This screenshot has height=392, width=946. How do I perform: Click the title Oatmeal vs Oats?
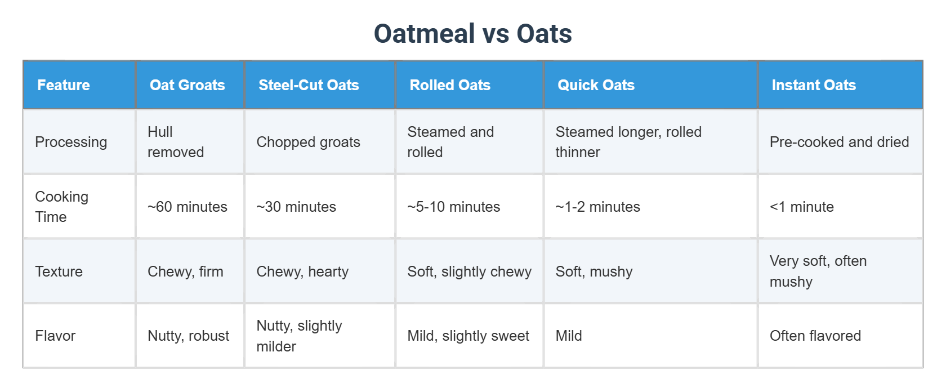tap(472, 34)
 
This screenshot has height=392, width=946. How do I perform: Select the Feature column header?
tap(64, 85)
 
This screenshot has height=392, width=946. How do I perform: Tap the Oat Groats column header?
tap(187, 85)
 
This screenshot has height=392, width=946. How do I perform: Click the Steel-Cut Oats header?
tap(309, 85)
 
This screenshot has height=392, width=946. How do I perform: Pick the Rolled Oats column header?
tap(450, 85)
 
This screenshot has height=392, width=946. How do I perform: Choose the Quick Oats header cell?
tap(596, 85)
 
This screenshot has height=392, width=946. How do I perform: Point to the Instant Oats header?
tap(813, 85)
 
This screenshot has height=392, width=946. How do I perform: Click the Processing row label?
tap(71, 142)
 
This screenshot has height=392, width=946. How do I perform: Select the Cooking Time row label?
tap(61, 207)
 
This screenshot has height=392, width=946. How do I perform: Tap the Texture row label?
tap(59, 271)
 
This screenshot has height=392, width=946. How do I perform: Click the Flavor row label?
tap(55, 336)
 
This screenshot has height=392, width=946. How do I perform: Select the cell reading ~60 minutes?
tap(187, 207)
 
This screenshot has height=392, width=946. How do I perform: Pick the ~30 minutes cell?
tap(296, 207)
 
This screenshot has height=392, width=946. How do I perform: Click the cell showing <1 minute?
tap(801, 207)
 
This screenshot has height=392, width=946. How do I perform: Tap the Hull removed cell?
tap(175, 142)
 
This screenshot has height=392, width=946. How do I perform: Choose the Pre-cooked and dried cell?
tap(839, 142)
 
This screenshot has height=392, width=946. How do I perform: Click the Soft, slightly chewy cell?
tap(469, 271)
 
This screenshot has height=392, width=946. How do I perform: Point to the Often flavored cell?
tap(815, 336)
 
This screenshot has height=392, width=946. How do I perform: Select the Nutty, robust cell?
tap(188, 336)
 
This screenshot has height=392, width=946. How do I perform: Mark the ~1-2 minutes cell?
tap(597, 207)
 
